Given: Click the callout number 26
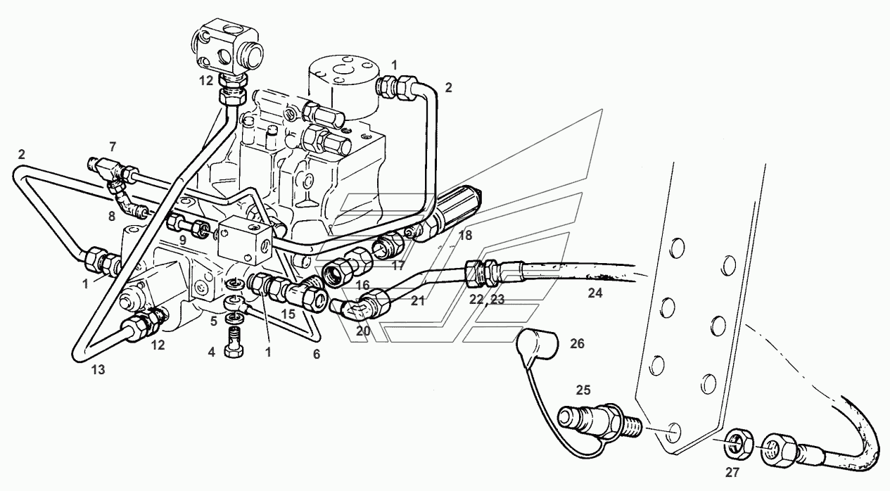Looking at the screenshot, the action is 577,343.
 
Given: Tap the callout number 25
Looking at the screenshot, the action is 583,390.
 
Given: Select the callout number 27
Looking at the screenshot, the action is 732,472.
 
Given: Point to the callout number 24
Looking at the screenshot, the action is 595,293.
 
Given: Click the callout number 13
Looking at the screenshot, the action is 98,370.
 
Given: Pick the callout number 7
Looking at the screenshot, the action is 113,147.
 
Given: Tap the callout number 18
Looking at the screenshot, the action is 465,236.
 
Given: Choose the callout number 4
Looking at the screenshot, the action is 211,352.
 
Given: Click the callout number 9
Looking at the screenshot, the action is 182,241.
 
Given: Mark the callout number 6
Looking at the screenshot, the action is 317,355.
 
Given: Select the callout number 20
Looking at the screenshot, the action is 363,331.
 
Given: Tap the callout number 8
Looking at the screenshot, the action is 112,217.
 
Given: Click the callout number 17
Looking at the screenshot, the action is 398,266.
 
